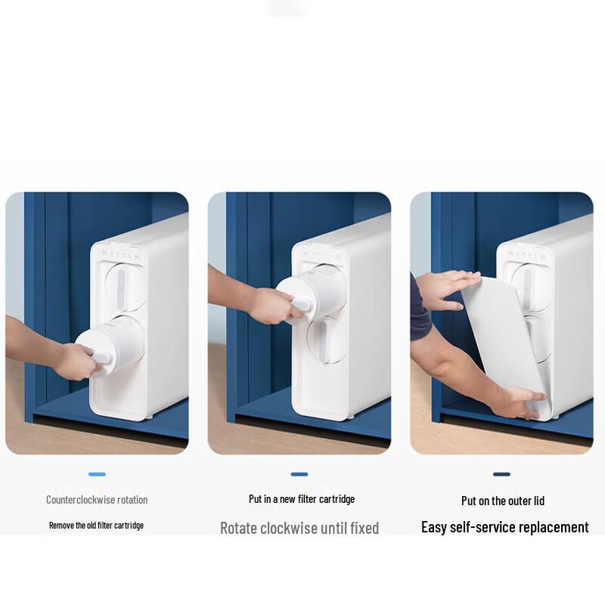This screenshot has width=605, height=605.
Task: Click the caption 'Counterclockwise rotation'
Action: point(97,500)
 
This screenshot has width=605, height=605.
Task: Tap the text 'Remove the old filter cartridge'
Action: point(96,525)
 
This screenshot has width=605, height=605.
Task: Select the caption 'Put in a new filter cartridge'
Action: point(302,499)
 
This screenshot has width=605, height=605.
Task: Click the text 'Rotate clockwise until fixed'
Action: point(299,528)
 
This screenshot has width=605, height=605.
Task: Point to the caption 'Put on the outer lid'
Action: point(503,501)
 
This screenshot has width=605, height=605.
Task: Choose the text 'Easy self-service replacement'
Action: point(504,527)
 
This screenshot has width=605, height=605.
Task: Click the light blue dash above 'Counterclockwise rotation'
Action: point(97,475)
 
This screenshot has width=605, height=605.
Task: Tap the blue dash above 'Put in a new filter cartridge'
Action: point(299,475)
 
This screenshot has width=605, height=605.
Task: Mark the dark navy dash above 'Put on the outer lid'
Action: point(501,475)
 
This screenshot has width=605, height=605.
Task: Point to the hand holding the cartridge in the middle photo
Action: point(272,305)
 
